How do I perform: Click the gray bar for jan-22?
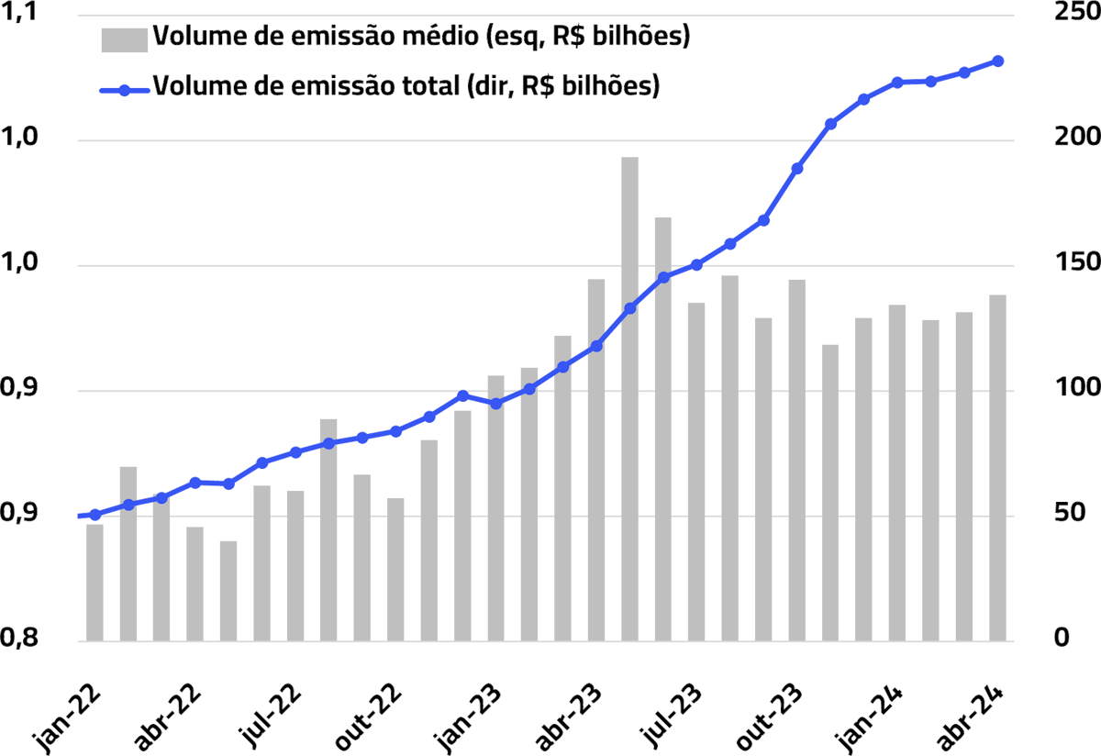95,582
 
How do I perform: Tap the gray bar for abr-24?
997,467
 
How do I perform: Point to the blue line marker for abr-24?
997,61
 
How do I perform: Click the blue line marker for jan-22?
95,515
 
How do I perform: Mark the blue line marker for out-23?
796,169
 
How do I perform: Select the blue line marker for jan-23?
462,395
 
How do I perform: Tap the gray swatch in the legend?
123,39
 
